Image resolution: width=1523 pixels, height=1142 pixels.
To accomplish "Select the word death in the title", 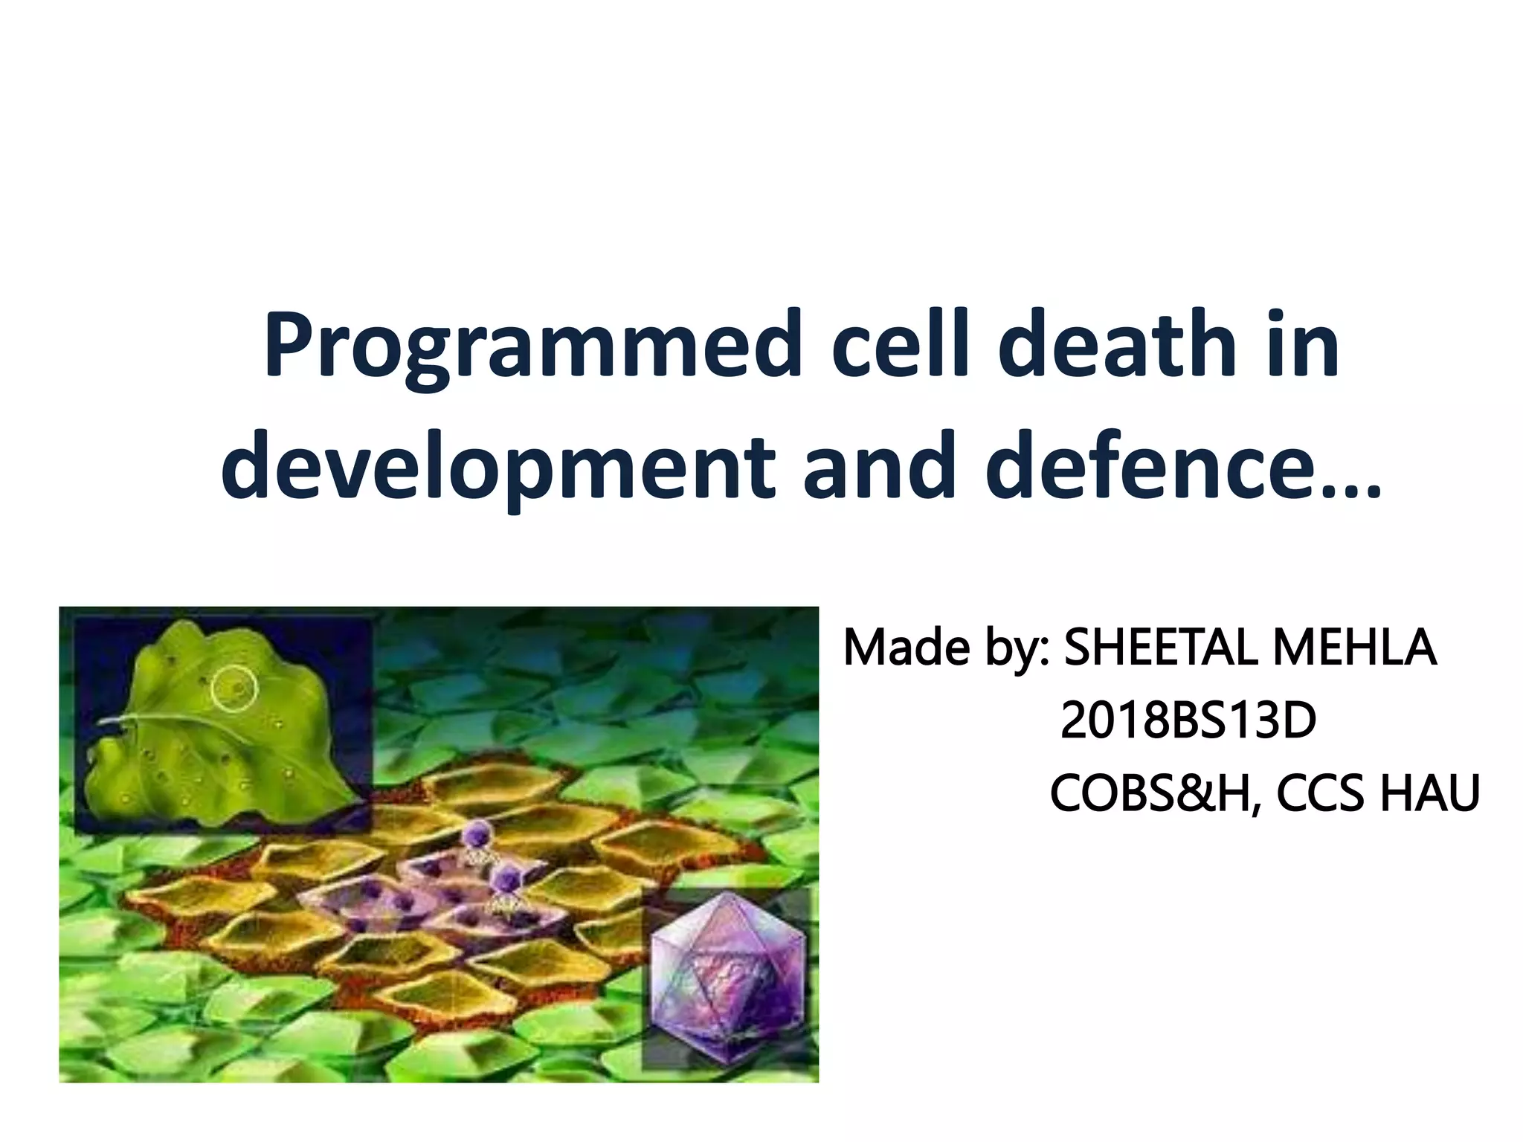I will [x=1117, y=346].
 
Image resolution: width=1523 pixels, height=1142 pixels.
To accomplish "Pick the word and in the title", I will [x=880, y=466].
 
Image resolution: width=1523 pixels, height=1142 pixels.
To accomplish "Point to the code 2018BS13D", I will [x=1188, y=720].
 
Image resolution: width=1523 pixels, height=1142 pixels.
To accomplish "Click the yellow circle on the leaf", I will [x=234, y=688].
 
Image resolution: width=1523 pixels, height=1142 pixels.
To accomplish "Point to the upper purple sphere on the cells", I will [x=474, y=836].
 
